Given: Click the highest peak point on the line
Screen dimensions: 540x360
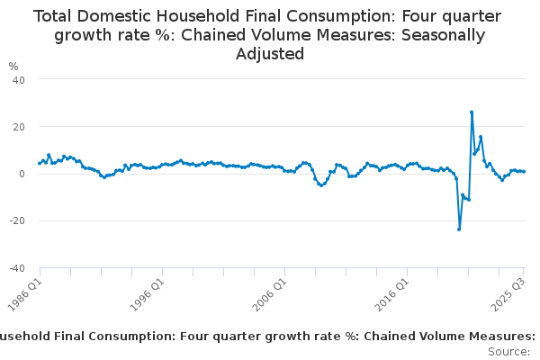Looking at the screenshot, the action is (472, 112).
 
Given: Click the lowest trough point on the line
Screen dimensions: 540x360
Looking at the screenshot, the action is (459, 229).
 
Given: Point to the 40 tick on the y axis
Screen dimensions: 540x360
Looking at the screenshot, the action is (19, 80).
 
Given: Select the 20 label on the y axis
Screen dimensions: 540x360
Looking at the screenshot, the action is (19, 127).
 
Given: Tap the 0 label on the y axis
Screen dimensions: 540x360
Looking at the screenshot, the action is (22, 174).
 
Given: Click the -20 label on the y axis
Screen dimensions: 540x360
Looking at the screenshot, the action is (17, 220).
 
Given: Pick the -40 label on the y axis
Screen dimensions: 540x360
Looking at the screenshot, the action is (17, 268).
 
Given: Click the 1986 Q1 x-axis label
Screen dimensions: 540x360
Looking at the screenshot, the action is (25, 294).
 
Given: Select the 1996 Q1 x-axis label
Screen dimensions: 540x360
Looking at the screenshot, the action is (148, 294).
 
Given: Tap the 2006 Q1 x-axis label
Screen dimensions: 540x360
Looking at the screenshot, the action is (270, 294).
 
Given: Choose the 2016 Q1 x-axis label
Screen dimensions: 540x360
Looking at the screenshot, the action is (392, 294).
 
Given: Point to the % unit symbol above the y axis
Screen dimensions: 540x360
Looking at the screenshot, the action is (13, 66).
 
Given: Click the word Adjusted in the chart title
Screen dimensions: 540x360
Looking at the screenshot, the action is (270, 54).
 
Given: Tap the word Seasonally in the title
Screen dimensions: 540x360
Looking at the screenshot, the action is (444, 35).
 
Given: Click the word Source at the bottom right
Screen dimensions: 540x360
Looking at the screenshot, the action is (508, 352).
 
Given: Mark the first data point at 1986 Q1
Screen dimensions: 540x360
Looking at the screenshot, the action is (40, 164).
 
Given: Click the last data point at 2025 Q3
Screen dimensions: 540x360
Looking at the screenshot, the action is (524, 172).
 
